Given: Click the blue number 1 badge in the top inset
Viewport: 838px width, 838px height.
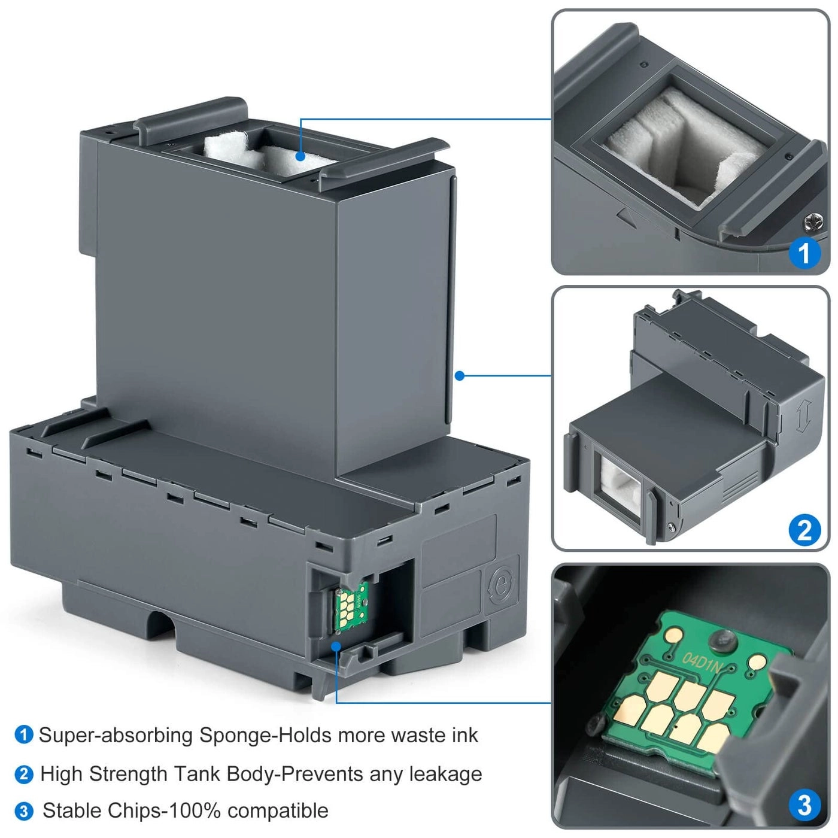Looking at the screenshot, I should pos(804,253).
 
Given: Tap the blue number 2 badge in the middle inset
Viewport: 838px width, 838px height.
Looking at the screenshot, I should pos(804,530).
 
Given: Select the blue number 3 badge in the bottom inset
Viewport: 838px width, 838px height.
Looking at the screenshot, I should pos(804,804).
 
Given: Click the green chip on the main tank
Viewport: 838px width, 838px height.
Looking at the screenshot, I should pos(351,607).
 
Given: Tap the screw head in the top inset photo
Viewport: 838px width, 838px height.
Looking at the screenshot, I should pos(812,222).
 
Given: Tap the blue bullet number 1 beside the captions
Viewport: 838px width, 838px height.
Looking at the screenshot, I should pos(23,734).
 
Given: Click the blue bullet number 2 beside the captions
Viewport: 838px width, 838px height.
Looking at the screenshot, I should pos(23,774).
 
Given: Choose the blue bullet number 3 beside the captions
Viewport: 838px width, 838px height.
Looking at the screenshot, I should pos(23,811).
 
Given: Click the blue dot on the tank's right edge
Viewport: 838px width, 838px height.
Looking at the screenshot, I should pos(459,376).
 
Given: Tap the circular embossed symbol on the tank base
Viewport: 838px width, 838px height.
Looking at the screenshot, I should pos(502,585).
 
